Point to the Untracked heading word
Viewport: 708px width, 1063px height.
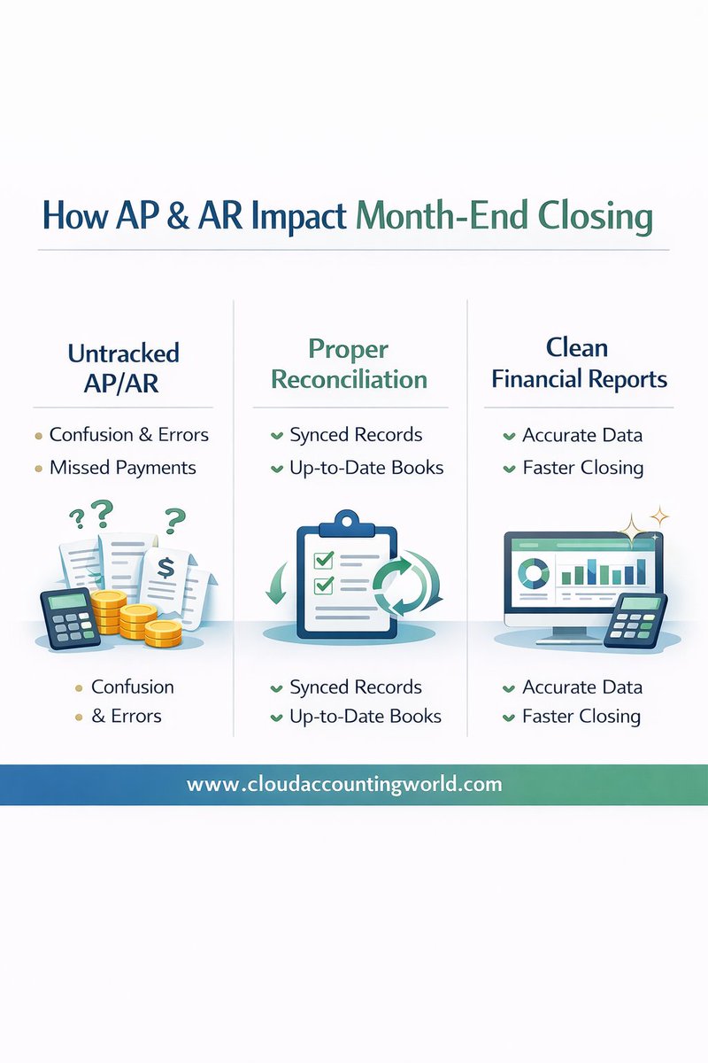coord(123,353)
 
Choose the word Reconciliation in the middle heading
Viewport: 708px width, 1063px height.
coord(349,380)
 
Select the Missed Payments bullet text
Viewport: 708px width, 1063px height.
coord(123,467)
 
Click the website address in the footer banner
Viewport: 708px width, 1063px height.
coord(344,784)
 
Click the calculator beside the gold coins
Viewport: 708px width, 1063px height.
coord(69,617)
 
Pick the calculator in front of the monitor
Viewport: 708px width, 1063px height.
coord(635,619)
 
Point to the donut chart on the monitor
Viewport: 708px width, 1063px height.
coord(535,574)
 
